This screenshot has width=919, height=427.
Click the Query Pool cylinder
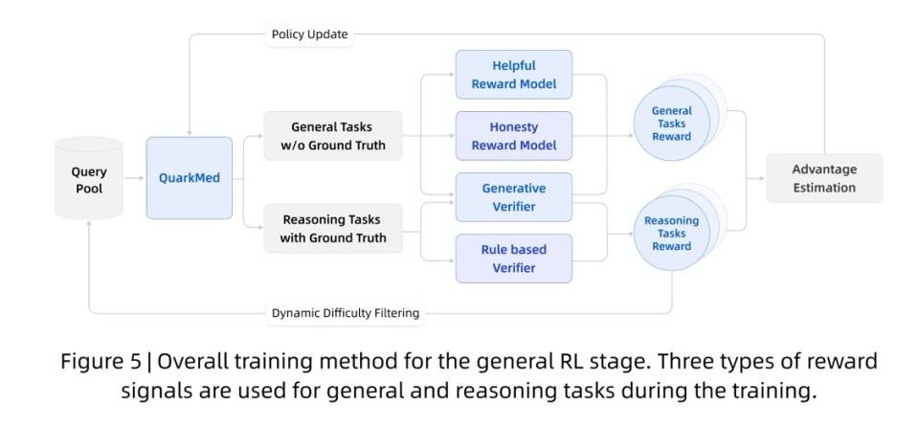coord(89,179)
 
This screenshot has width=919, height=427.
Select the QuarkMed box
coord(189,178)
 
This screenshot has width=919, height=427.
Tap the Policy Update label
coord(309,34)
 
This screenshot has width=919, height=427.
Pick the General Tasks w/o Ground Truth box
coord(332,135)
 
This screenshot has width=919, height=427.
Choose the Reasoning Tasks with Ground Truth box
coord(332,228)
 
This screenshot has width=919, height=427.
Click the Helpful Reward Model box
coord(513,75)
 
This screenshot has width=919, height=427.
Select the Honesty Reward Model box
coord(513,135)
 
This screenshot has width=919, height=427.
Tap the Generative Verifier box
coord(513,197)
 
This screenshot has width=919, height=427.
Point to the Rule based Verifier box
coord(513,258)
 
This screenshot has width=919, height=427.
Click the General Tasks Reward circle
coord(672,124)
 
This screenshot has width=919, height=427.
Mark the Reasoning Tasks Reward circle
coord(671,233)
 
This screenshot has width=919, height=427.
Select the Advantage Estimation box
coord(823,178)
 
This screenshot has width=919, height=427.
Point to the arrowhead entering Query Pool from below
coord(89,223)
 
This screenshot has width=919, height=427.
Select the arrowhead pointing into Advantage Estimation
coord(761,178)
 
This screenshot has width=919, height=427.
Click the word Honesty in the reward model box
coord(513,126)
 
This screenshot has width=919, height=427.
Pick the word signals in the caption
coord(154,391)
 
